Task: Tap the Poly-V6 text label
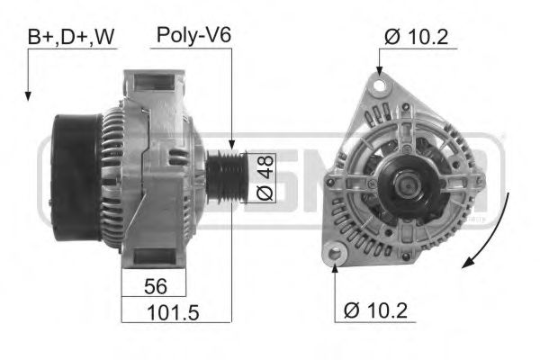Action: click(x=193, y=35)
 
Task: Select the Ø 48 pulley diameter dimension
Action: click(x=263, y=177)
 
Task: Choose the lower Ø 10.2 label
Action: click(x=374, y=311)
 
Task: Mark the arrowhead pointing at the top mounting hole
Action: click(x=380, y=72)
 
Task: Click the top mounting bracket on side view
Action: click(x=153, y=85)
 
